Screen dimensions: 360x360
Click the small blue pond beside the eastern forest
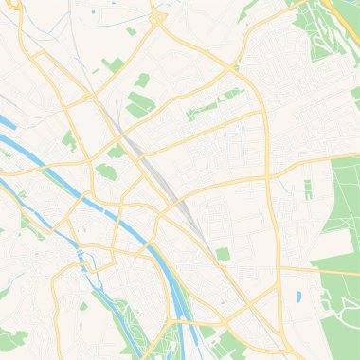298,297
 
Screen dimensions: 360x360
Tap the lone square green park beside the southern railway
223,254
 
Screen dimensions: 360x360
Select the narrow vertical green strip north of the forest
308,189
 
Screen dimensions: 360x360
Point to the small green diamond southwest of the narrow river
83,306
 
